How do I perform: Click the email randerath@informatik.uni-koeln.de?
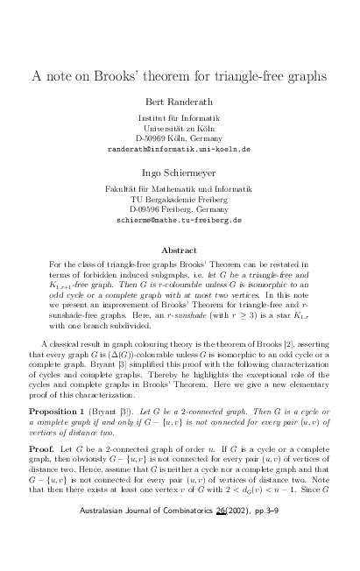click(179, 150)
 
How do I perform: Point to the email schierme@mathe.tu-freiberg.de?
click(179, 221)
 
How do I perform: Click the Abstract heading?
click(180, 250)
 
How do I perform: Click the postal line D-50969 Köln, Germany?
click(179, 138)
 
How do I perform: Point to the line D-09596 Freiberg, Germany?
click(179, 209)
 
